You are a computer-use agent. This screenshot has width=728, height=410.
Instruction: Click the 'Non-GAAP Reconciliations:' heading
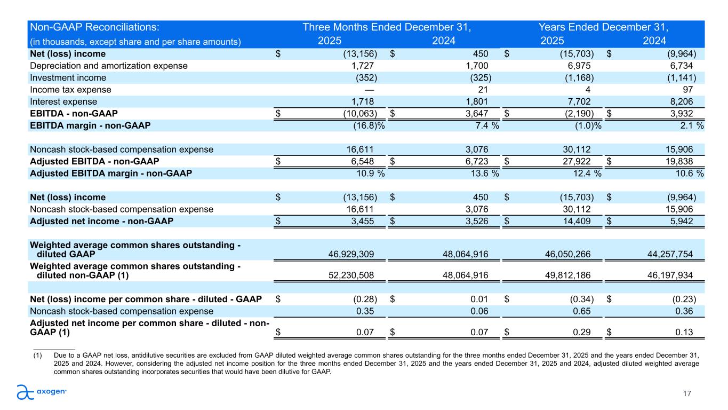pos(95,27)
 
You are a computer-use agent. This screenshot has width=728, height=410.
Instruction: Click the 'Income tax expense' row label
pos(71,90)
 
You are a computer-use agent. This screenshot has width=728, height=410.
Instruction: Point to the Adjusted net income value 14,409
pos(575,221)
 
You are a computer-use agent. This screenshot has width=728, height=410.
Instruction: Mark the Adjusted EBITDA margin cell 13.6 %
pos(481,173)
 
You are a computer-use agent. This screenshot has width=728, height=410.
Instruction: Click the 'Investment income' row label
pos(68,78)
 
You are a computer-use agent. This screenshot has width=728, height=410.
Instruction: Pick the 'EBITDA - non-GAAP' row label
pos(74,113)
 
